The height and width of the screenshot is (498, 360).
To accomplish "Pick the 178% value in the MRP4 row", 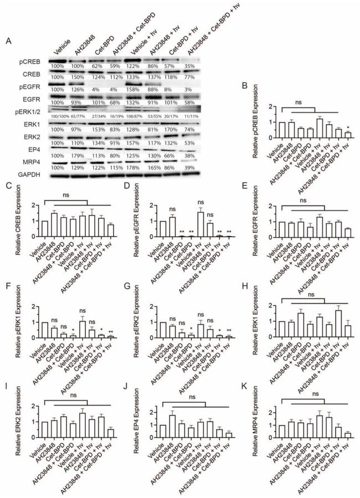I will (131, 167).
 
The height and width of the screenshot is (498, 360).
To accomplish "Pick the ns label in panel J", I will (189, 397).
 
